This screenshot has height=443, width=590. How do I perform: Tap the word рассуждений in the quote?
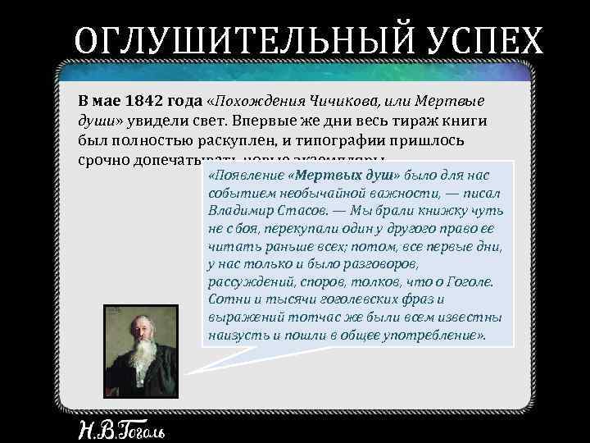pyautogui.click(x=247, y=282)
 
